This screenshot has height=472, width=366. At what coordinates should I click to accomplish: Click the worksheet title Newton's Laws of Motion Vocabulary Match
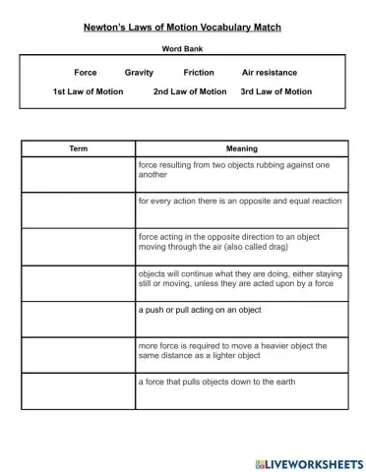(x=182, y=19)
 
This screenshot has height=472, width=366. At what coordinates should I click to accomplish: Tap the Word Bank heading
(x=182, y=47)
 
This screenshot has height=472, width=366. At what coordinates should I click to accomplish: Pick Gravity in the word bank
(x=140, y=73)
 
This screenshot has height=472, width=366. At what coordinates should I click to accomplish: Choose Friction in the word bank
(x=199, y=73)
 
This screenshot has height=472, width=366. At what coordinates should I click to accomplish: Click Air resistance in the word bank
(x=270, y=73)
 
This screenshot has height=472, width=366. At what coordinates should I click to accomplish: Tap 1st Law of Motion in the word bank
(x=89, y=91)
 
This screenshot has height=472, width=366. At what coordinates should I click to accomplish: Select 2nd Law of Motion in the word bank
(x=190, y=91)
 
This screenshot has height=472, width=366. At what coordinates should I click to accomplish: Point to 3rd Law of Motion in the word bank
(x=276, y=91)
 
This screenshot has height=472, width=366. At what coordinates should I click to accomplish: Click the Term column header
(x=79, y=148)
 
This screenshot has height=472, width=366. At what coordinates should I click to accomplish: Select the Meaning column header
(x=241, y=148)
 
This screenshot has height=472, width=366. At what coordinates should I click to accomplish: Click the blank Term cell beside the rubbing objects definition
(x=79, y=173)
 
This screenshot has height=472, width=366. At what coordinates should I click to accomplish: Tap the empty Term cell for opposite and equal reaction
(x=79, y=209)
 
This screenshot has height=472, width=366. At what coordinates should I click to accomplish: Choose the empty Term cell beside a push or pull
(x=79, y=319)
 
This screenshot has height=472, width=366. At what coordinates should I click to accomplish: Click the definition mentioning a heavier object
(x=232, y=351)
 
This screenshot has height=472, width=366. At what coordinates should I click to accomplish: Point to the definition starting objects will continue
(x=240, y=283)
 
